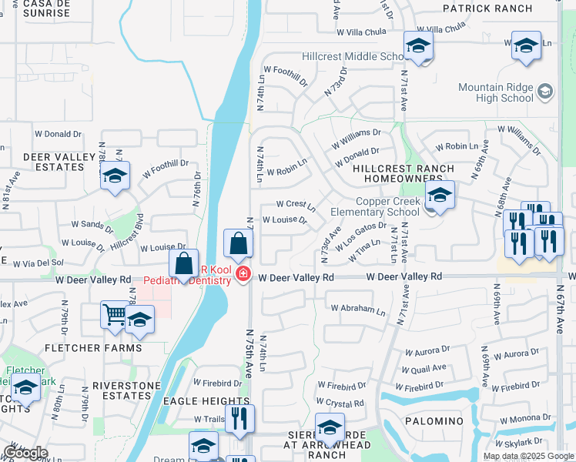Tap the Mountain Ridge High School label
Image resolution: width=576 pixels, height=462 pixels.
(495, 92)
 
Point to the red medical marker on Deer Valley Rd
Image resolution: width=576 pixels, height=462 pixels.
(243, 274)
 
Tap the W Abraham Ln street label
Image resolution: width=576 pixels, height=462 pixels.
(358, 310)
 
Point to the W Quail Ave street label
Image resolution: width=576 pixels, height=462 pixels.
(421, 368)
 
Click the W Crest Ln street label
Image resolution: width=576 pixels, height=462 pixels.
(296, 205)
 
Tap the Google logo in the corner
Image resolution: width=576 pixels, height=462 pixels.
(25, 453)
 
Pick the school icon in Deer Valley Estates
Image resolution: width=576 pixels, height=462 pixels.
(115, 177)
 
